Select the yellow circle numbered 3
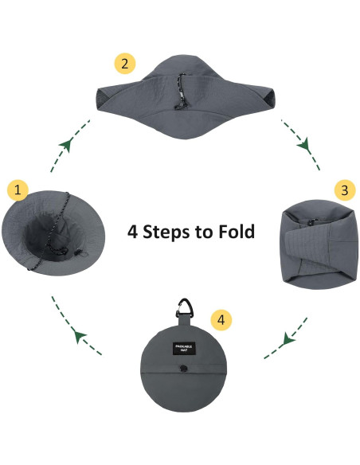click(343, 190)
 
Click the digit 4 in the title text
click(134, 232)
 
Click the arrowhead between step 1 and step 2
click(66, 145)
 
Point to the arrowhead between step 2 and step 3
click(303, 145)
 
